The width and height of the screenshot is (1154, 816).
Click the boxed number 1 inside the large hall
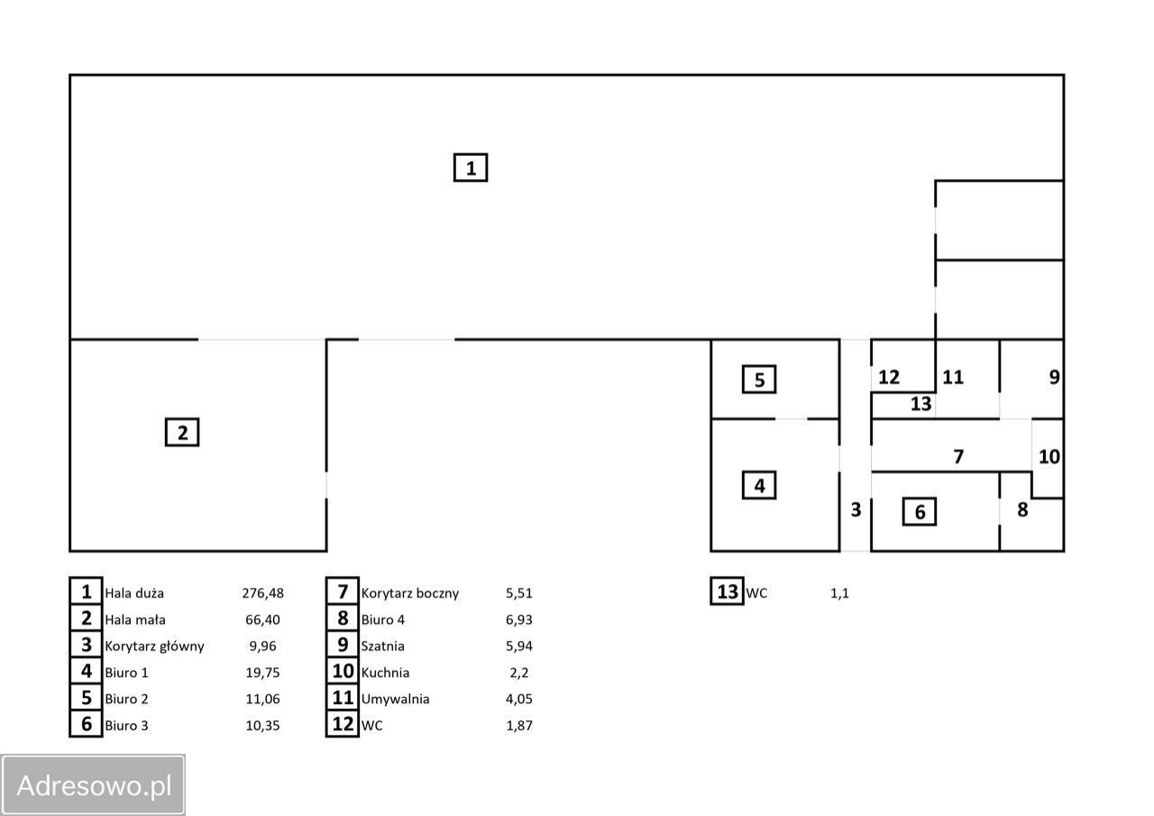[x=471, y=168]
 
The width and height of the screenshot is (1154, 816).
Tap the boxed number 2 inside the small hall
[x=182, y=433]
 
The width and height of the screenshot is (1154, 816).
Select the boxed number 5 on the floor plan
[x=759, y=380]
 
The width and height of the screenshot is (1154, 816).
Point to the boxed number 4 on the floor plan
[x=759, y=486]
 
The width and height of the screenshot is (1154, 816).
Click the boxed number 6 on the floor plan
[x=920, y=512]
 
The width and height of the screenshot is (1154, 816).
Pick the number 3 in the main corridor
[x=856, y=509]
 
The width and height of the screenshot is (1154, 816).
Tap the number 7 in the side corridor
[x=958, y=457]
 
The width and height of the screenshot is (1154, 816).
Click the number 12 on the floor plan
[x=889, y=378]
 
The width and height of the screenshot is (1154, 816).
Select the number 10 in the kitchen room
[x=1049, y=456]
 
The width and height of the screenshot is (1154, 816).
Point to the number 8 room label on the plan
[x=1022, y=509]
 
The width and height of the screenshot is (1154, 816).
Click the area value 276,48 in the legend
[x=262, y=593]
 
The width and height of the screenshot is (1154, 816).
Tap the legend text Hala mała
[x=135, y=619]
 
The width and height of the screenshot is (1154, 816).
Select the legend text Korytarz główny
[x=154, y=646]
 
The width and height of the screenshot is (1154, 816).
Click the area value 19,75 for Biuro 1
[x=262, y=673]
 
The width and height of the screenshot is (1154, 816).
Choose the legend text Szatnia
[x=382, y=646]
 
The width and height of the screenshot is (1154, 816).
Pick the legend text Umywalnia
[x=395, y=699]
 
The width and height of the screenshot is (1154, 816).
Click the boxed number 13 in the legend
[x=728, y=592]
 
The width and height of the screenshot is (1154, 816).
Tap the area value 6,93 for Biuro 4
[x=519, y=619]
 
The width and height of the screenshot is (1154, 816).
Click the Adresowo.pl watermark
[x=94, y=785]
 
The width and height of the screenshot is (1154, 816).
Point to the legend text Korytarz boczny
[x=409, y=593]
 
